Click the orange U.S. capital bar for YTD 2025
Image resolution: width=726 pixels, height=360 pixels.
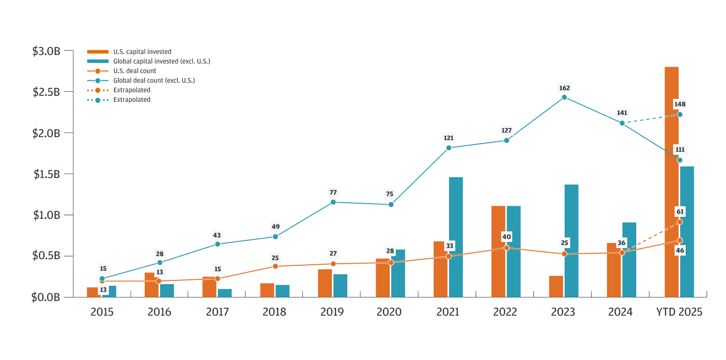coord(671,182)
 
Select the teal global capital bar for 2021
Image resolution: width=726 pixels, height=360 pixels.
coord(456,237)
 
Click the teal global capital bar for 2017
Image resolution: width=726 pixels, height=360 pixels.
coord(225,293)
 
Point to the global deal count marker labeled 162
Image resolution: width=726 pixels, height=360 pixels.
coord(564,97)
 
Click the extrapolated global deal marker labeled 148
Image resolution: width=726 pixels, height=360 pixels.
coord(680,114)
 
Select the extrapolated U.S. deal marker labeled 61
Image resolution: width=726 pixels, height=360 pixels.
coord(680,222)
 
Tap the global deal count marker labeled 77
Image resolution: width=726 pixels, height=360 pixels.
coord(333,202)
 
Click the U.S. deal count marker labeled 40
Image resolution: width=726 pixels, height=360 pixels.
coord(506,248)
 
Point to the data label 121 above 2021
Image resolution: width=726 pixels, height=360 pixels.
coord(448,138)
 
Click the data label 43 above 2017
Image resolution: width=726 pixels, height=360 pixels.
coord(217,235)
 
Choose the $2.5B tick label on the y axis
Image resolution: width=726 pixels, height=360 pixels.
coord(46,92)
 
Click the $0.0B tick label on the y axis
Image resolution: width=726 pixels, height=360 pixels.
coord(46,297)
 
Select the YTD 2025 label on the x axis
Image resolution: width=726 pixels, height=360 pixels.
coord(679,312)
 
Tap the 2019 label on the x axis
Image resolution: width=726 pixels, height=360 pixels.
coord(332,312)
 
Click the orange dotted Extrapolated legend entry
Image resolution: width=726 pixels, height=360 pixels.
coord(132,90)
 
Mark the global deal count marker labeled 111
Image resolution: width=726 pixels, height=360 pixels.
coord(680,160)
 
